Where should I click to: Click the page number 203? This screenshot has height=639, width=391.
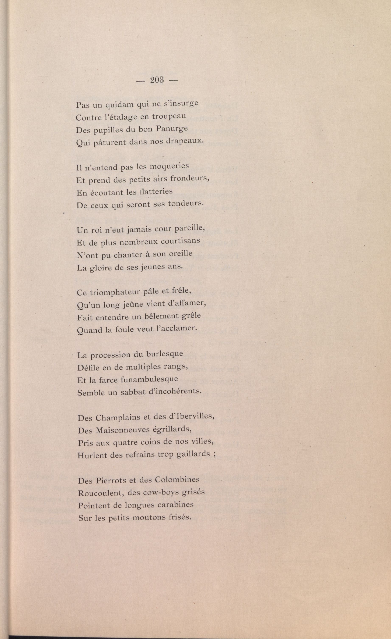[157, 80]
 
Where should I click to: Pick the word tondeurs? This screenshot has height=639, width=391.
[186, 203]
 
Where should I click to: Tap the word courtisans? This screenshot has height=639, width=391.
[181, 241]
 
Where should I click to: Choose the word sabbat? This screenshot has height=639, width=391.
[133, 392]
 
